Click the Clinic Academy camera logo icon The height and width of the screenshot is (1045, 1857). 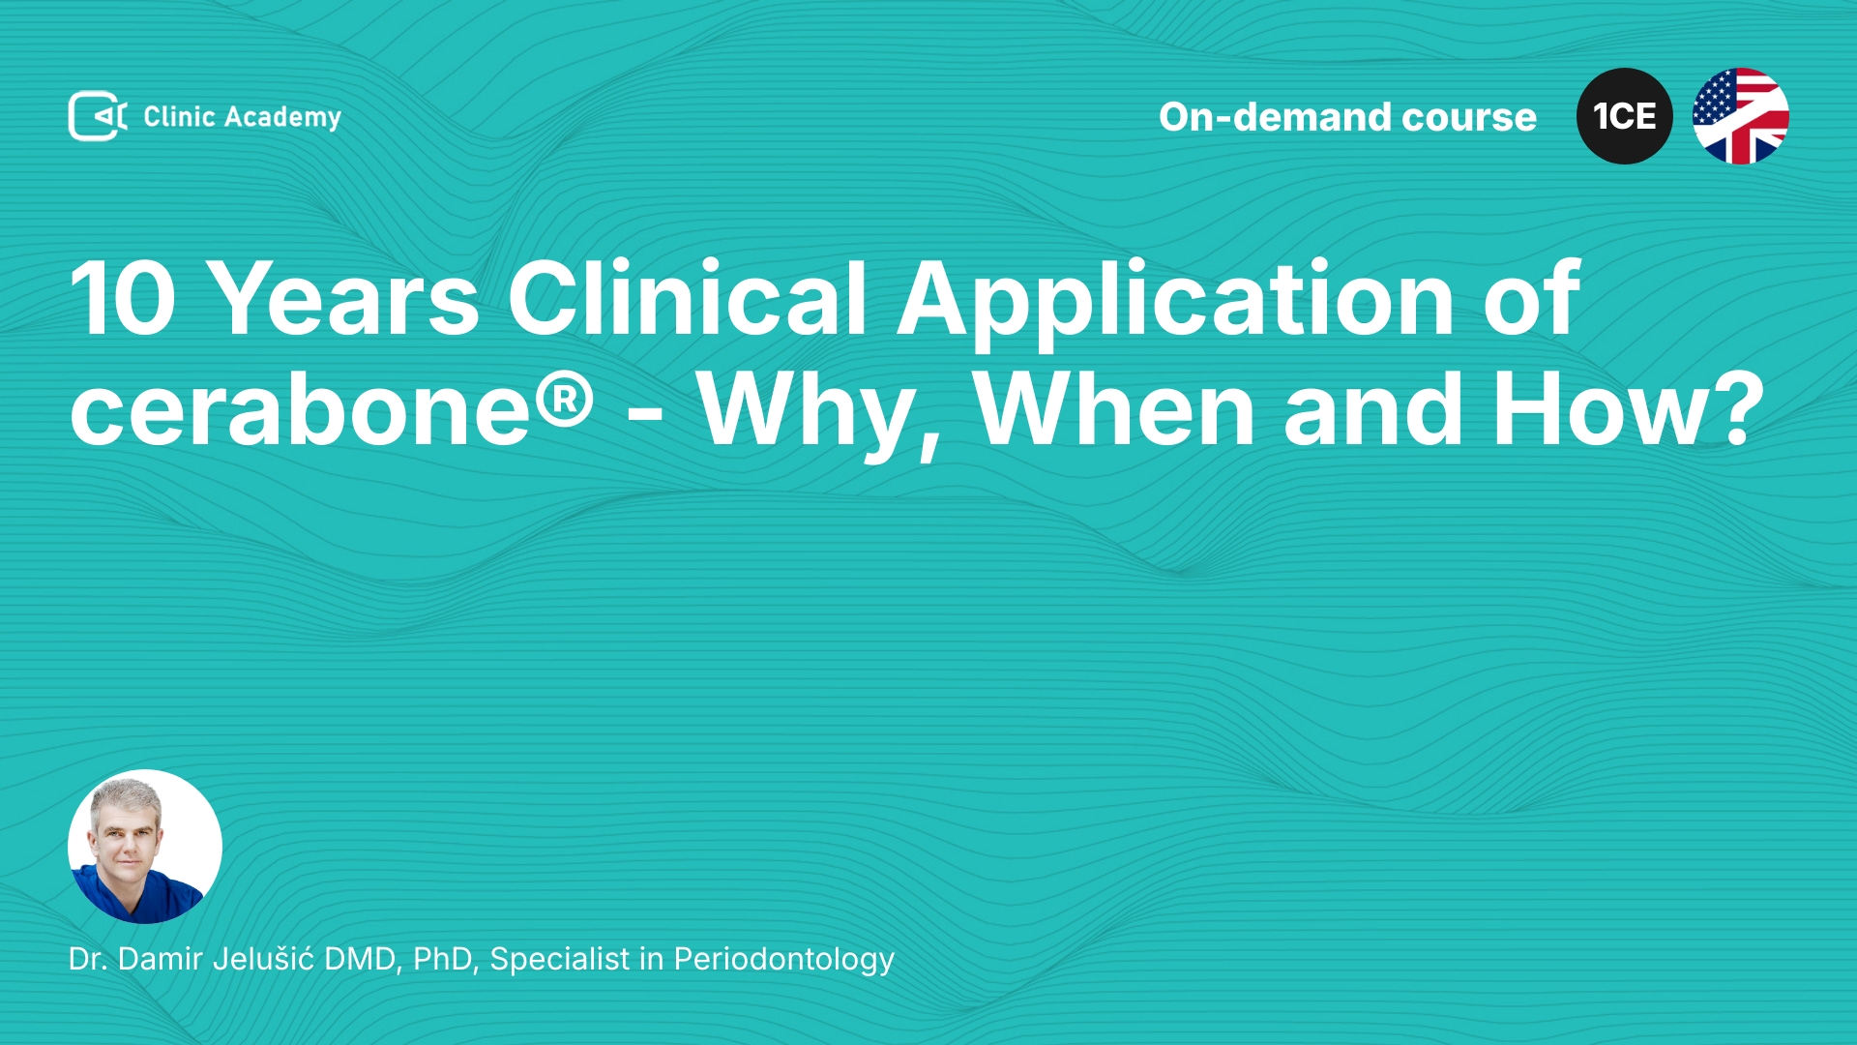[98, 116]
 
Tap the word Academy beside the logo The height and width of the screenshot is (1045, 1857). [282, 118]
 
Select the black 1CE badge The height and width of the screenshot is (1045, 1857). [1625, 116]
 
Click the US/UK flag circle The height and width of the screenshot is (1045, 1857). [1741, 116]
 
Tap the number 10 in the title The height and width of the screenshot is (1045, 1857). [123, 299]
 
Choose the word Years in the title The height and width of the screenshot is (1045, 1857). [343, 299]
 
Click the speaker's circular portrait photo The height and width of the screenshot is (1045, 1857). [145, 847]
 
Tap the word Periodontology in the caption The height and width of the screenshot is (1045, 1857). [784, 960]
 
